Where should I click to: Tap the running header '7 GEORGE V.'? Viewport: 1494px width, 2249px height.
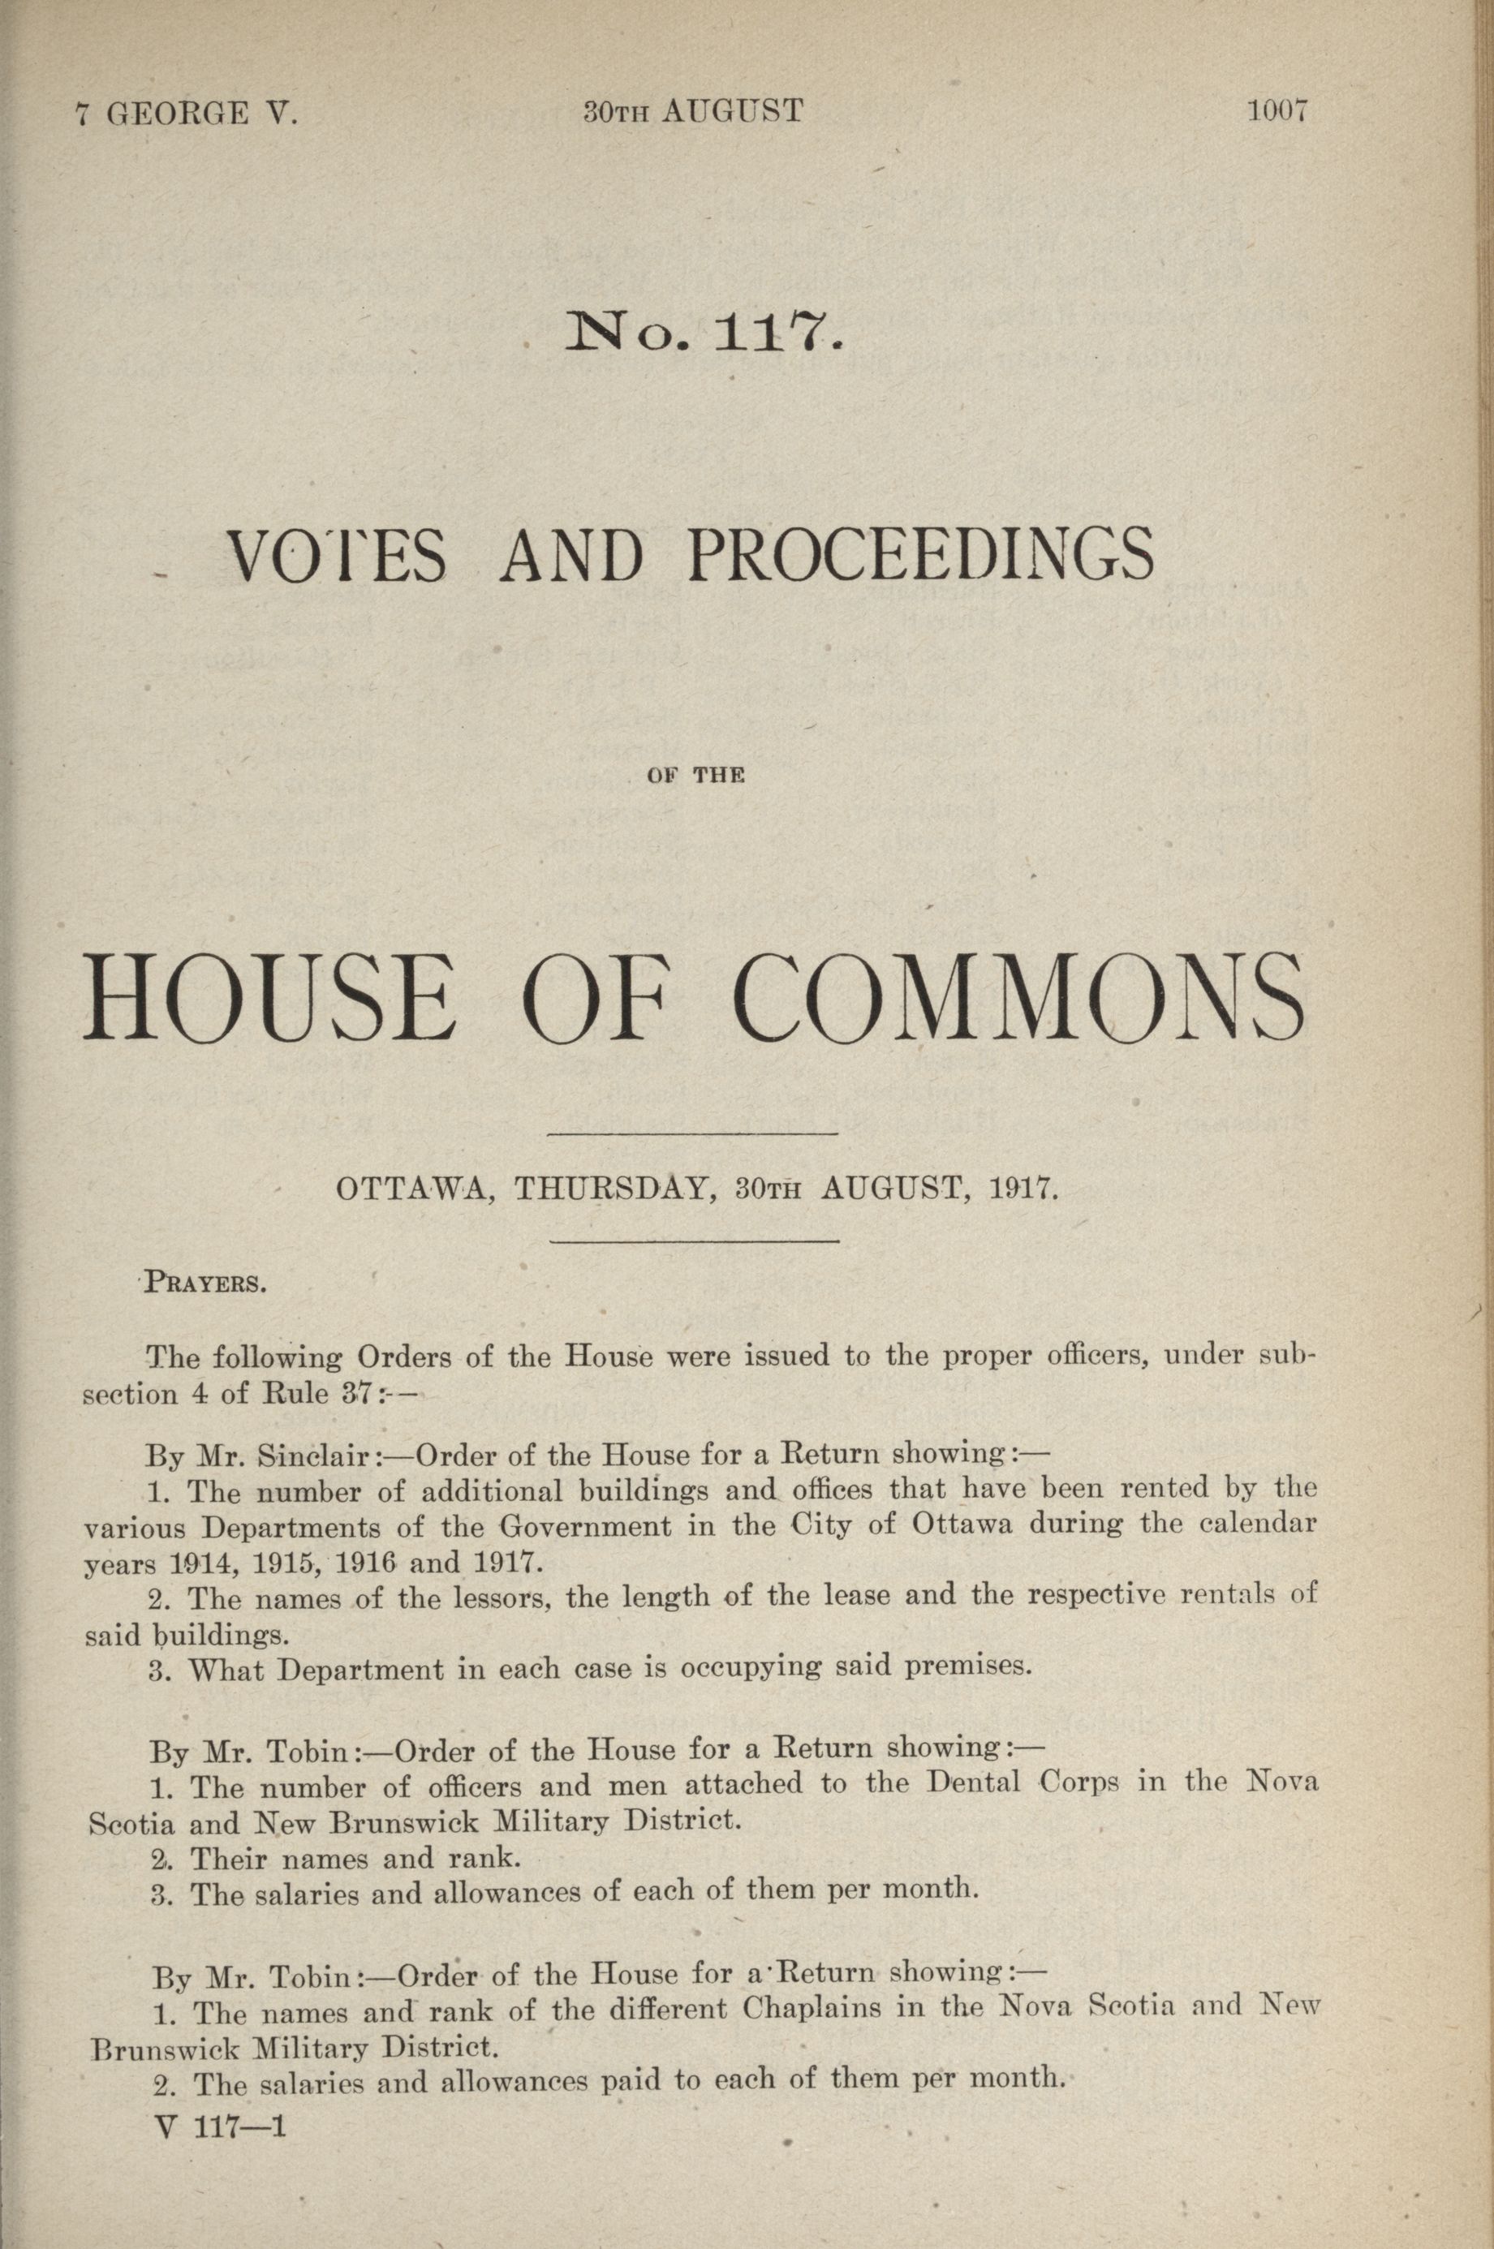(187, 115)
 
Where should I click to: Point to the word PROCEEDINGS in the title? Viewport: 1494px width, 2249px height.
(919, 557)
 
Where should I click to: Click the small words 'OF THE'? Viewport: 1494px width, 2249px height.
(695, 777)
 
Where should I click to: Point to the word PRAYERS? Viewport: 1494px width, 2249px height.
(204, 1281)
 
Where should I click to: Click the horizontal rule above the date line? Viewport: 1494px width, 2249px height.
(695, 1134)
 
